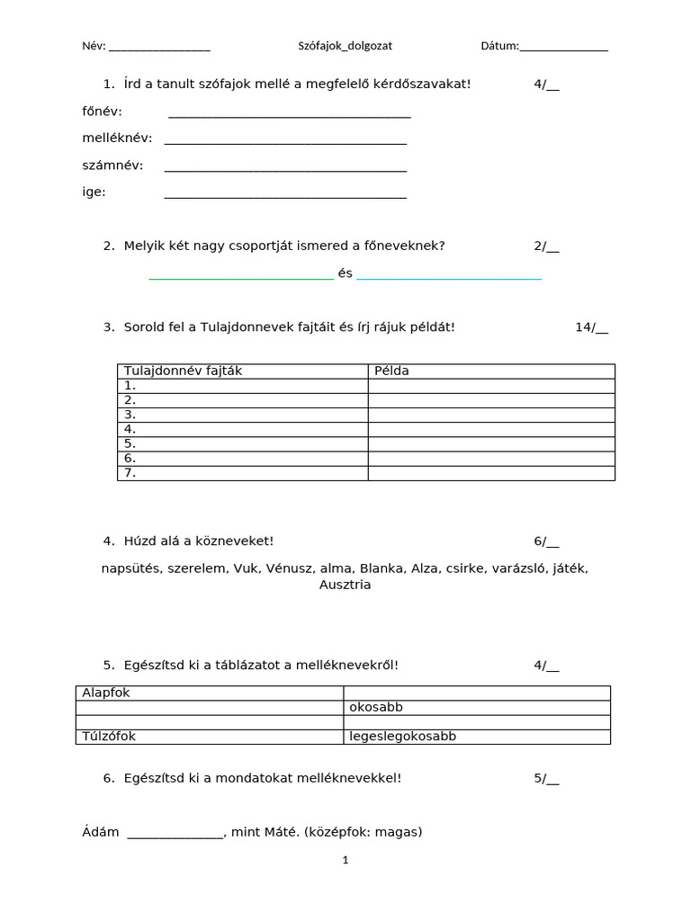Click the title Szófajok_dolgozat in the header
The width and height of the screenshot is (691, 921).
tap(345, 46)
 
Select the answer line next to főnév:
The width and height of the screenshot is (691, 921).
tap(289, 116)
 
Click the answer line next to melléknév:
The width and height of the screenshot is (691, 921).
tap(285, 143)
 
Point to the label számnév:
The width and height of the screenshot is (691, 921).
tap(112, 165)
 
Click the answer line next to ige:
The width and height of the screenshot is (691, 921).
tap(285, 196)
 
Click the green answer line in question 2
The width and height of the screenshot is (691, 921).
tap(240, 279)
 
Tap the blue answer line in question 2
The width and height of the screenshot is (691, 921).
tap(449, 279)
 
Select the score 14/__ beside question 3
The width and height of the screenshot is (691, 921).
tap(591, 327)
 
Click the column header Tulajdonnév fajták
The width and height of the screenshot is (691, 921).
tap(183, 371)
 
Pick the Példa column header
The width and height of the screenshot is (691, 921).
tap(391, 371)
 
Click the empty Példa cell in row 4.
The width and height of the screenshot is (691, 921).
tap(491, 429)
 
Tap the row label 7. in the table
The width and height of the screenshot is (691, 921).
tap(130, 472)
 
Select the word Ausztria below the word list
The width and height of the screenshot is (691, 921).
tap(345, 585)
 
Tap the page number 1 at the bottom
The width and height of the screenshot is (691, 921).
tap(345, 860)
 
